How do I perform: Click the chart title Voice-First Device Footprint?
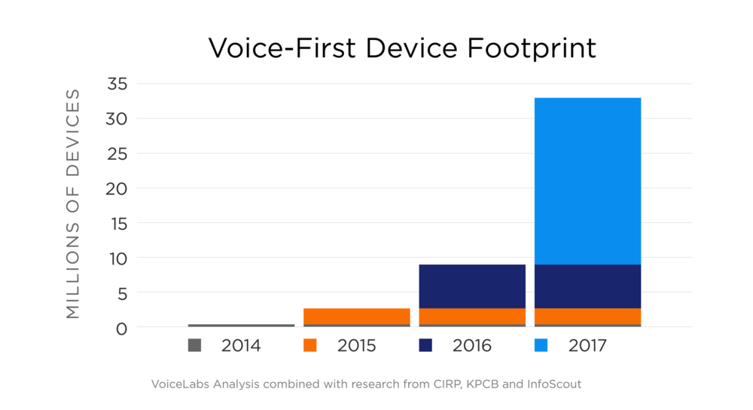tap(402, 48)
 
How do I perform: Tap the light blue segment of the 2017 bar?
tap(587, 181)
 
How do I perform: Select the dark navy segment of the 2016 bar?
tap(472, 286)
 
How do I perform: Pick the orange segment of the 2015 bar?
tap(357, 316)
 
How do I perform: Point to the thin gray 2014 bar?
tap(241, 326)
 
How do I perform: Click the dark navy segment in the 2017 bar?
tap(587, 286)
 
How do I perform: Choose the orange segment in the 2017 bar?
tap(587, 316)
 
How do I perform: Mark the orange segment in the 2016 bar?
tap(472, 316)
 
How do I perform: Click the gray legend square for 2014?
tap(194, 346)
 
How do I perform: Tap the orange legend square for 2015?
tap(309, 346)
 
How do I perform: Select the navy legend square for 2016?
tap(425, 346)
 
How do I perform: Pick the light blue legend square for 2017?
tap(541, 346)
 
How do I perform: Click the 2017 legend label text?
tap(587, 346)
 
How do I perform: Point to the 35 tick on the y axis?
tap(117, 84)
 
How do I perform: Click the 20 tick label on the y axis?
tap(117, 188)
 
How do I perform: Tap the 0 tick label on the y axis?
tap(122, 328)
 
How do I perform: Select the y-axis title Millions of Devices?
tap(73, 203)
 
